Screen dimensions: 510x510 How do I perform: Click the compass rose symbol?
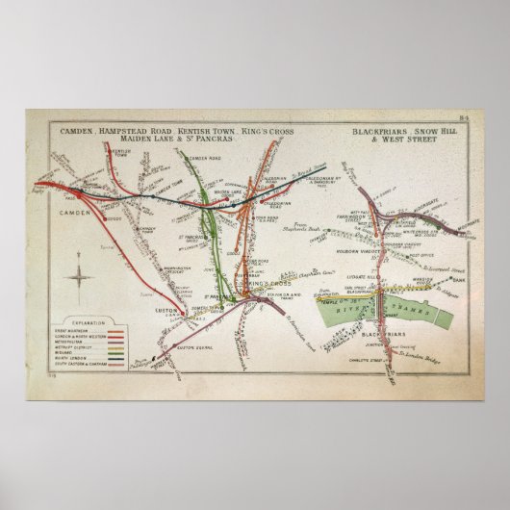(79, 283)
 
